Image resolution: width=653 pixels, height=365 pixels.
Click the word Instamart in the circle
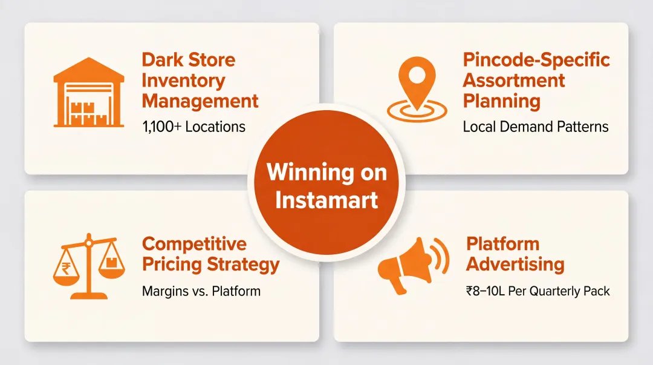(326, 199)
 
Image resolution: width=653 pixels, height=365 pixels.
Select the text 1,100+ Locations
(193, 127)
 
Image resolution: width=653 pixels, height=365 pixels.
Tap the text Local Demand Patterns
(536, 127)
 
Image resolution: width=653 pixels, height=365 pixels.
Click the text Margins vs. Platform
(201, 291)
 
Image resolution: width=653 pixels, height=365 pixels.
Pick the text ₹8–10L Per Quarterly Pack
(538, 291)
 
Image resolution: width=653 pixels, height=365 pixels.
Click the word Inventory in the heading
(183, 81)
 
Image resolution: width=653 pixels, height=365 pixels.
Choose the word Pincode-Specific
(536, 60)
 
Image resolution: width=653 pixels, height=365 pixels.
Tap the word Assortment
(514, 81)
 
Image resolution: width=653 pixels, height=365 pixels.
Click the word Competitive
(194, 244)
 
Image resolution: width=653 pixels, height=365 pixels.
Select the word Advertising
(515, 265)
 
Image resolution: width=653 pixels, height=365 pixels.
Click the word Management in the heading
(200, 101)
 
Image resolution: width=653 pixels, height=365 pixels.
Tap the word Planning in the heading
(501, 101)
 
